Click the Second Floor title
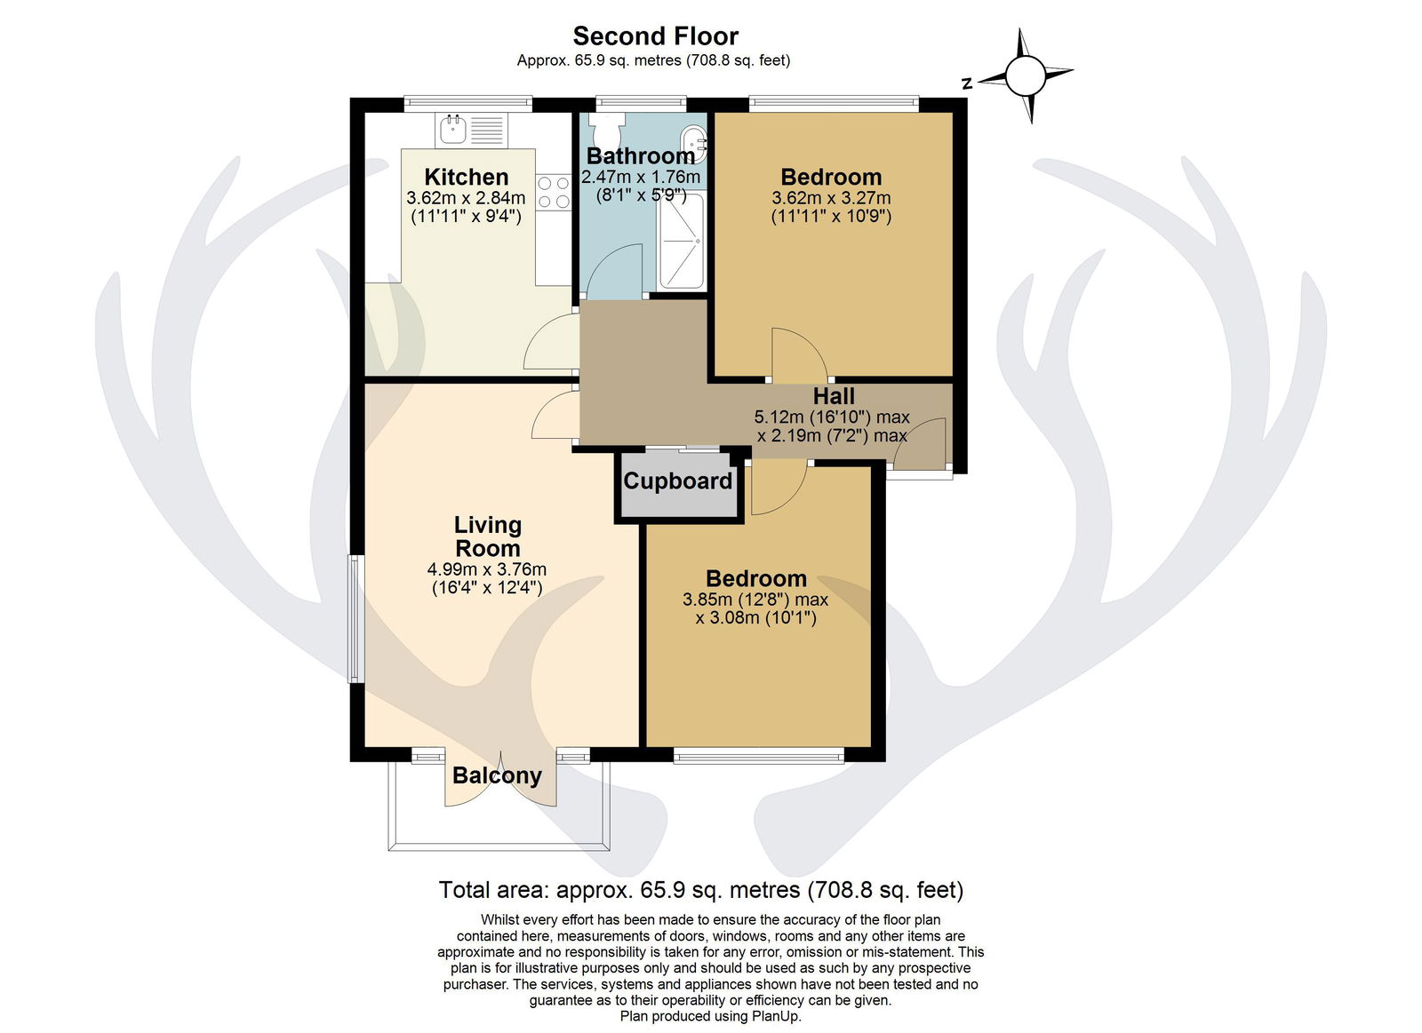point(655,36)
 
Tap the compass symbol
point(1026,75)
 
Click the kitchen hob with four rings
point(554,192)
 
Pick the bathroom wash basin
point(693,145)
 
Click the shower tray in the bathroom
point(682,241)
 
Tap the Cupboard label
point(677,481)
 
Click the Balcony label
point(497,775)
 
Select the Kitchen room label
point(467,177)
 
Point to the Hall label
point(834,396)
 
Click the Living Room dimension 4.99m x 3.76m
point(487,569)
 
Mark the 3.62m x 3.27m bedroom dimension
point(831,197)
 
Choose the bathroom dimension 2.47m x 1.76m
point(641,177)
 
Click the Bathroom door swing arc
point(612,272)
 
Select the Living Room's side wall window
point(356,619)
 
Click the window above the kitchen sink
point(467,103)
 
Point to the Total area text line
point(701,890)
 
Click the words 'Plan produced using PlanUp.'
point(710,1016)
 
